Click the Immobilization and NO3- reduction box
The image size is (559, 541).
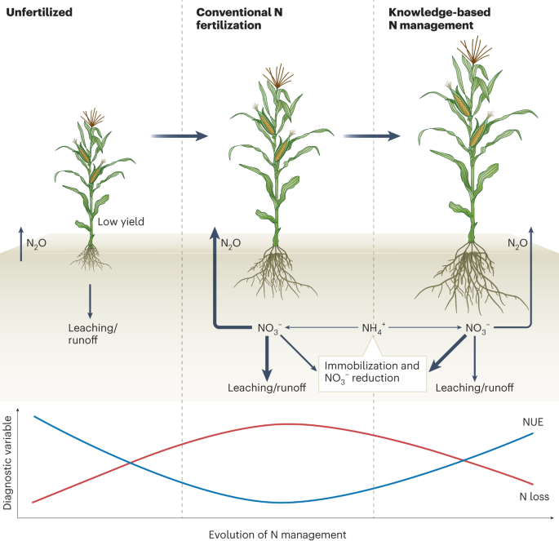tap(371, 371)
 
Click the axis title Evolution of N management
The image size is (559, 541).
tap(277, 533)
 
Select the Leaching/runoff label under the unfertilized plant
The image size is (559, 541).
tap(90, 333)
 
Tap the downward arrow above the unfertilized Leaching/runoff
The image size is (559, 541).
tap(90, 300)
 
